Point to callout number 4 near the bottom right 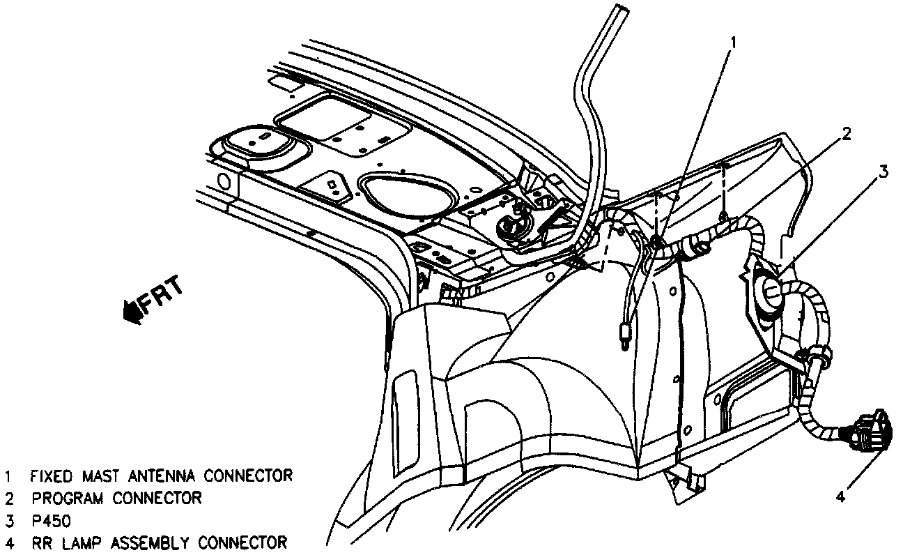pos(841,496)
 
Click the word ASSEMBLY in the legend pos(148,542)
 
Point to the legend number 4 pos(9,542)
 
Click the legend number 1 pos(9,476)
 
